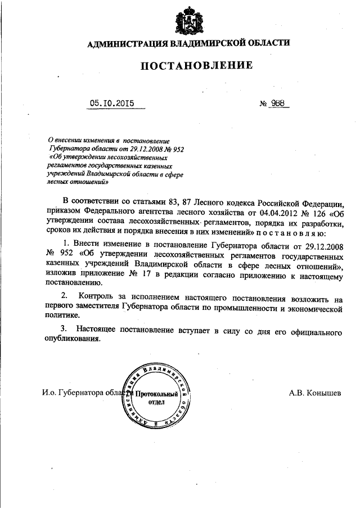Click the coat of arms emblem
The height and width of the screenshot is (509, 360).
pyautogui.click(x=187, y=20)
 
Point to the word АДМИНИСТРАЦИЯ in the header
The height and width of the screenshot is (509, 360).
pyautogui.click(x=125, y=43)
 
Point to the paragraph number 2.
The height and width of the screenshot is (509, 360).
pyautogui.click(x=65, y=296)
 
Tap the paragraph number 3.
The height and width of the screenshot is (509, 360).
pyautogui.click(x=65, y=328)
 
